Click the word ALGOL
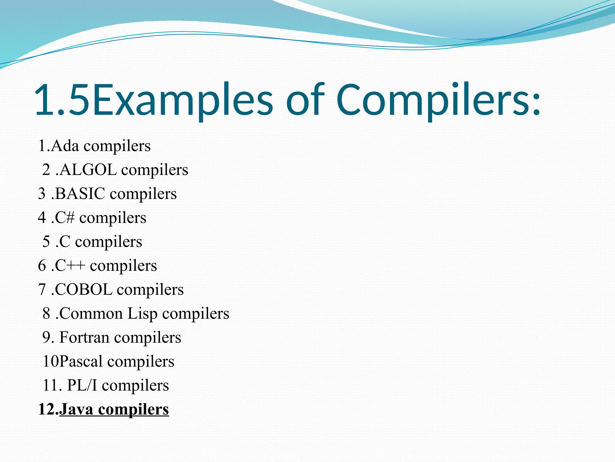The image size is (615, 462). tap(88, 170)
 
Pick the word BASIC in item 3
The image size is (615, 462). tap(80, 194)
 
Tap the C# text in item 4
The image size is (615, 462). tap(65, 218)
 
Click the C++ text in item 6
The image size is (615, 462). tap(70, 266)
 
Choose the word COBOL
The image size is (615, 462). tap(83, 290)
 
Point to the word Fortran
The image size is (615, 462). tap(84, 337)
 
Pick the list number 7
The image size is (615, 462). tap(42, 290)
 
